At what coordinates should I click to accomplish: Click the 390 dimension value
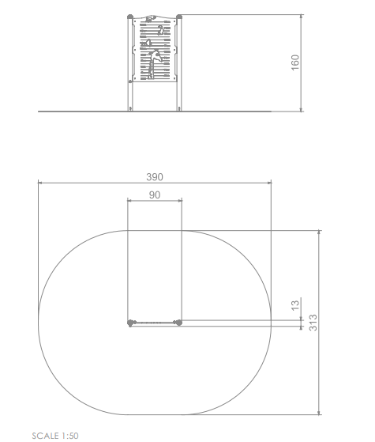click(x=155, y=177)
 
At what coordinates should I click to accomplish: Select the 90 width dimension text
click(x=155, y=195)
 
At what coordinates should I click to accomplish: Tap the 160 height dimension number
click(x=294, y=62)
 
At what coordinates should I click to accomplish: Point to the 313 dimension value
click(x=313, y=323)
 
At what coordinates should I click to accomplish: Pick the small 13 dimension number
click(x=294, y=305)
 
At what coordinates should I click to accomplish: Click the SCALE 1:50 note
click(x=55, y=436)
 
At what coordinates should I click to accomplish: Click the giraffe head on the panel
click(x=156, y=56)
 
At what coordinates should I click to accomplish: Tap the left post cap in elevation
click(x=130, y=17)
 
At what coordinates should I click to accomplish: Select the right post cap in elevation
click(x=179, y=17)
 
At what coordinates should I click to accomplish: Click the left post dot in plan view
click(x=130, y=323)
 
